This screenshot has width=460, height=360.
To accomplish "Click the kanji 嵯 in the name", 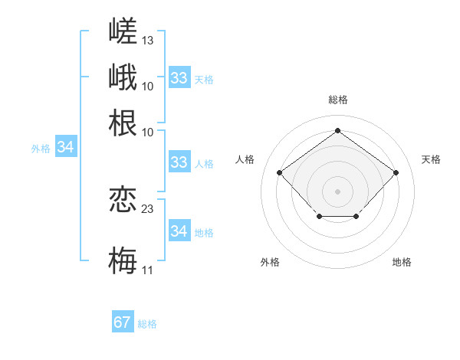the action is pyautogui.click(x=123, y=31).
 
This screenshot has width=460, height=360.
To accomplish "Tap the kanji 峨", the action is pyautogui.click(x=123, y=77).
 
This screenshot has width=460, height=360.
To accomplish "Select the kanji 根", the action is pyautogui.click(x=123, y=123).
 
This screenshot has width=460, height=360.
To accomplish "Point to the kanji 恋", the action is pyautogui.click(x=123, y=199).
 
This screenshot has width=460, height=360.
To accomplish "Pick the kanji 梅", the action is pyautogui.click(x=123, y=260).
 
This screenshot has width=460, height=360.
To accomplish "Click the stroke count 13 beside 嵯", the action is pyautogui.click(x=147, y=41).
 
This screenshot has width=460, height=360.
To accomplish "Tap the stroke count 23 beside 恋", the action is pyautogui.click(x=147, y=209).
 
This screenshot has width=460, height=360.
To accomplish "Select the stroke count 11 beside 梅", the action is pyautogui.click(x=147, y=270).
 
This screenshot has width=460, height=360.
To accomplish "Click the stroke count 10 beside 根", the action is pyautogui.click(x=147, y=133).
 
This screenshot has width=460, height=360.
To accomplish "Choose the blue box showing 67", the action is pyautogui.click(x=123, y=321).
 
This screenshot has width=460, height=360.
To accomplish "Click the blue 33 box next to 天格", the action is pyautogui.click(x=180, y=77).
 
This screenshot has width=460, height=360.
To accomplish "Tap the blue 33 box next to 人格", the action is pyautogui.click(x=180, y=162).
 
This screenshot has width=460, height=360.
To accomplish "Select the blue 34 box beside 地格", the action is pyautogui.click(x=180, y=230).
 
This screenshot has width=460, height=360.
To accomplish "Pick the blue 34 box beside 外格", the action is pyautogui.click(x=66, y=146).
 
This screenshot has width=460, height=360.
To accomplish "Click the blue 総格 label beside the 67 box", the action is pyautogui.click(x=147, y=324).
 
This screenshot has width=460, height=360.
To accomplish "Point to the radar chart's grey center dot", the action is pyautogui.click(x=337, y=191).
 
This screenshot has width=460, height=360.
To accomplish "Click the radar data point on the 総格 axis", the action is pyautogui.click(x=337, y=130).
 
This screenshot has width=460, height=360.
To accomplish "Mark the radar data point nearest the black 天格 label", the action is pyautogui.click(x=396, y=172).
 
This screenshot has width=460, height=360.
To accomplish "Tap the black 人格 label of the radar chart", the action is pyautogui.click(x=245, y=159).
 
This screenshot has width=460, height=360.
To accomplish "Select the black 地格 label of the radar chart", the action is pyautogui.click(x=402, y=262).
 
